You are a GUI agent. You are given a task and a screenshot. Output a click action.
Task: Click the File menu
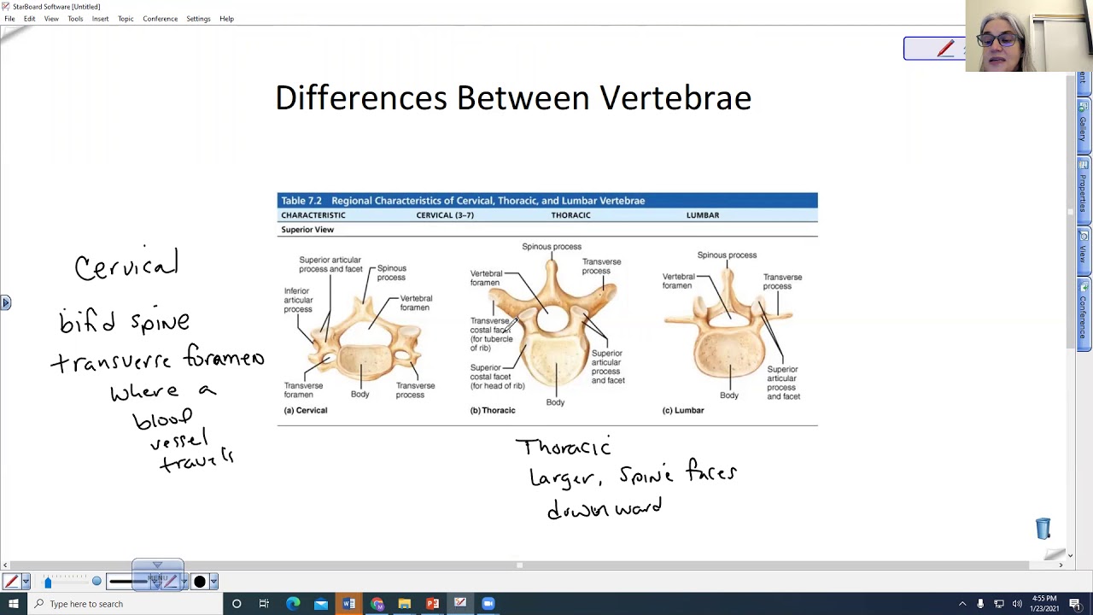pos(9,19)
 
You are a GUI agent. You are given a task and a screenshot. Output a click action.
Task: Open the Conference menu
pos(160,19)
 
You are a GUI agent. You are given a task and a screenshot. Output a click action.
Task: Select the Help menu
pos(226,19)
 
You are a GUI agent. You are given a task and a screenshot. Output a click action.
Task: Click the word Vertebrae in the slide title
pos(675,98)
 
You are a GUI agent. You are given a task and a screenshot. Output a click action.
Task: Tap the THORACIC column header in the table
pos(570,215)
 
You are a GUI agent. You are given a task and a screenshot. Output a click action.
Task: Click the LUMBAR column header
pos(703,215)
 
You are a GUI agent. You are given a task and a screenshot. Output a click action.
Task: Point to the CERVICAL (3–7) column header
pos(445,215)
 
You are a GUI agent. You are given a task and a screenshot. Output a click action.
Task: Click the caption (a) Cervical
pos(305,410)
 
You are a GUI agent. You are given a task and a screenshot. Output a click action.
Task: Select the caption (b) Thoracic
pos(493,410)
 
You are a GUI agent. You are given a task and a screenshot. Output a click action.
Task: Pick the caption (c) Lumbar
pos(683,410)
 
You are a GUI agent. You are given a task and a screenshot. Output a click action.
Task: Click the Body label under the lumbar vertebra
pos(728,395)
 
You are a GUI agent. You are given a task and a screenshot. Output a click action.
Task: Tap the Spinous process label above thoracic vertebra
pos(552,247)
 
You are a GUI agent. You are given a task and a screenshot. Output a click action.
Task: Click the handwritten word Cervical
pos(126,266)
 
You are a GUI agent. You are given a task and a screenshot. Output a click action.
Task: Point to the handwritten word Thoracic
pos(563,447)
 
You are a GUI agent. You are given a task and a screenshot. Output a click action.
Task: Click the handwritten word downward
pos(605,510)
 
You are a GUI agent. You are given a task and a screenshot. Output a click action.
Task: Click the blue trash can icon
pos(1043,529)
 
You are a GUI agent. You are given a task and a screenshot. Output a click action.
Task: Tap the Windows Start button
pos(13,604)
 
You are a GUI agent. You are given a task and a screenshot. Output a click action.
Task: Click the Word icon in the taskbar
pos(348,604)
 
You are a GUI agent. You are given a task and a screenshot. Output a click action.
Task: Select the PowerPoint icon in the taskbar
pos(432,604)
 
